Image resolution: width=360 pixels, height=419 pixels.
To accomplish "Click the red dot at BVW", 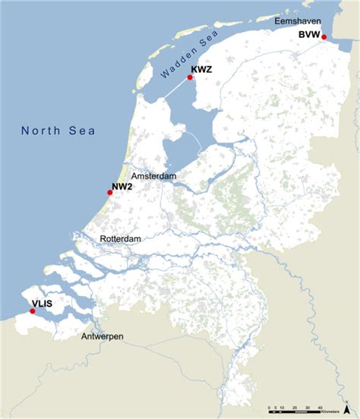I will click(x=324, y=36).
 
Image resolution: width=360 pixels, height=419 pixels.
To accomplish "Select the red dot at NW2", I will click(x=109, y=193).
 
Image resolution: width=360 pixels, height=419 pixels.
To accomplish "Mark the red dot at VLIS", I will click(x=32, y=310).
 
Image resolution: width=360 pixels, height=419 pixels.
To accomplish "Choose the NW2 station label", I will click(x=123, y=185).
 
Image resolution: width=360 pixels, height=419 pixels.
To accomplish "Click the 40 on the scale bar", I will click(x=320, y=406).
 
